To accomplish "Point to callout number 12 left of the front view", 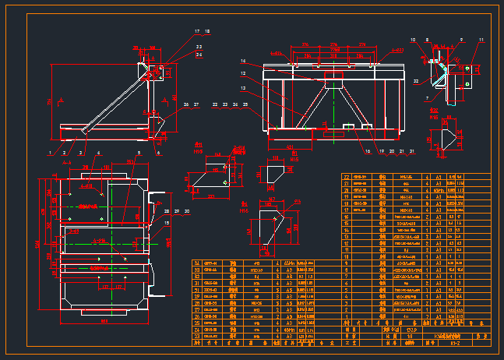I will (x=243, y=74).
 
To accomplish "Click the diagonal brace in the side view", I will (x=117, y=101).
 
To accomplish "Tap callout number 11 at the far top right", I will (x=481, y=39).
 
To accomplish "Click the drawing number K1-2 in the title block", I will (x=454, y=341).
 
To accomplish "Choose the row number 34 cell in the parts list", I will (x=197, y=263).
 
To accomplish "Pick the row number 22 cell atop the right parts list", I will (x=347, y=177).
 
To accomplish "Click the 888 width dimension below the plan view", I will (x=104, y=320).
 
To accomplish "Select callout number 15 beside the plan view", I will (x=165, y=223).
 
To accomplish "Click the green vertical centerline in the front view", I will (x=335, y=101).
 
